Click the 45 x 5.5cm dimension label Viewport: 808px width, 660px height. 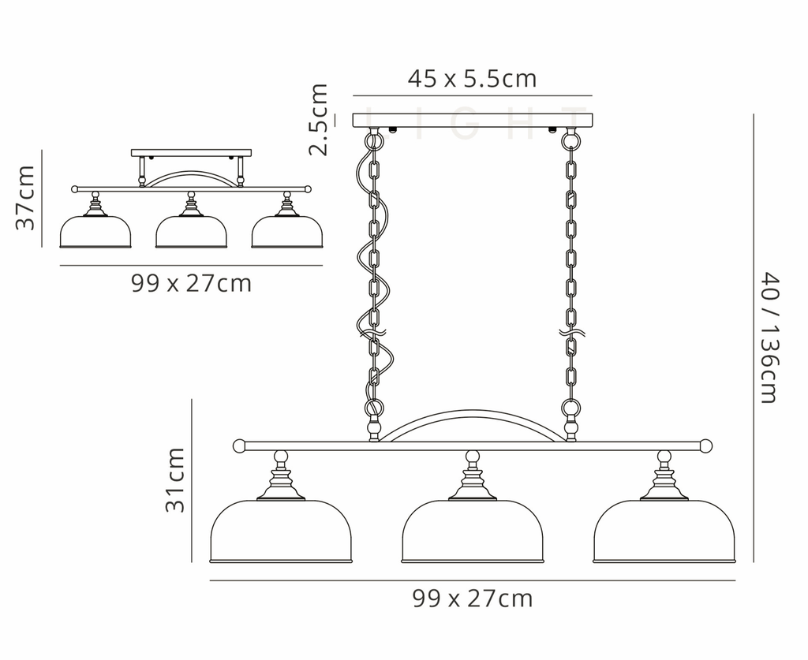pos(472,79)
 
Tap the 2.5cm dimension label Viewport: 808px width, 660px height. pos(318,119)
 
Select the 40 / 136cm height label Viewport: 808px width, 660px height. pos(769,337)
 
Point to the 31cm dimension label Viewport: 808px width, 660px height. pos(175,479)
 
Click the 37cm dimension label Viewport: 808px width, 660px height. pos(26,197)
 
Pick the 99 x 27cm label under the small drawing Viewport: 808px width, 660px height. pos(191,282)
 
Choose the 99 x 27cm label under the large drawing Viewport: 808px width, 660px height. pos(472,598)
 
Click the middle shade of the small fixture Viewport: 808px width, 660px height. pos(191,233)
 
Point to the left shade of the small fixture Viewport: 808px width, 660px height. pos(95,233)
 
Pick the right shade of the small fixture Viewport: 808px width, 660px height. pos(286,233)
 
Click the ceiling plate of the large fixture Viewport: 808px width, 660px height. pos(472,120)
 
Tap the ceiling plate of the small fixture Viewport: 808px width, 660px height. pos(191,152)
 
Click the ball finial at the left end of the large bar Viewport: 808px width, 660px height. pos(239,446)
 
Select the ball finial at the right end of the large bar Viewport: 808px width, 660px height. pos(705,446)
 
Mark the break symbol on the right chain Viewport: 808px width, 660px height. pos(570,333)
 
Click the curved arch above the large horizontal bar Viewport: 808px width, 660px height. pos(472,415)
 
